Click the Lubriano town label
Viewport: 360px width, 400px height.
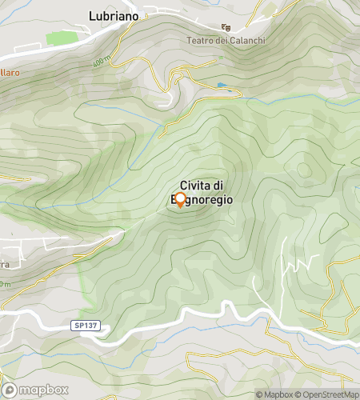point(114,15)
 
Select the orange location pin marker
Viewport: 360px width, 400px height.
point(180,200)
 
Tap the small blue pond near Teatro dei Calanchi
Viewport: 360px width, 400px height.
point(222,85)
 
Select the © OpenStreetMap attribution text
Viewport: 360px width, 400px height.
point(328,394)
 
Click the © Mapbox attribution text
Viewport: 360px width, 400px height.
point(275,394)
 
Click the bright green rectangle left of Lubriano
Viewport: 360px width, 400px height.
point(60,38)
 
